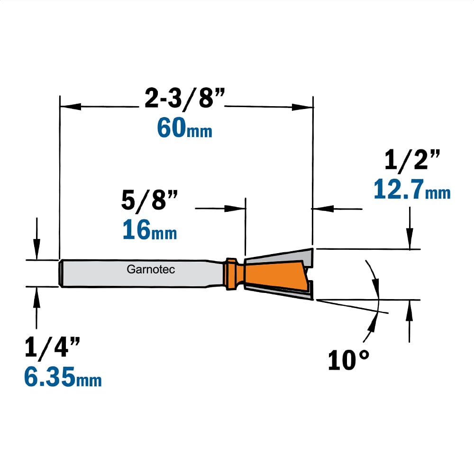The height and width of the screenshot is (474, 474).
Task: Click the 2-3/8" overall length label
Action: pos(185,98)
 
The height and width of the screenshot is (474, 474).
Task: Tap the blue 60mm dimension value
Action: pos(184,128)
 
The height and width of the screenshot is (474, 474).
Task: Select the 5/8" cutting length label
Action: pos(149,200)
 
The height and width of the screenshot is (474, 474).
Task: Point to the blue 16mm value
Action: pos(150,230)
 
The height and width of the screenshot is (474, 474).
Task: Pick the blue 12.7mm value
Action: pos(412,189)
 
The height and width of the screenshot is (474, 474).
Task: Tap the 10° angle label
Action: pos(348,360)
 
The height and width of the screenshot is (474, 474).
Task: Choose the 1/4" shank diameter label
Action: pos(52,347)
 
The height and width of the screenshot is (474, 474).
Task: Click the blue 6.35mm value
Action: pos(63,377)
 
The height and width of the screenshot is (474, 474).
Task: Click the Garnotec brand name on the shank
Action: pos(151,269)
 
